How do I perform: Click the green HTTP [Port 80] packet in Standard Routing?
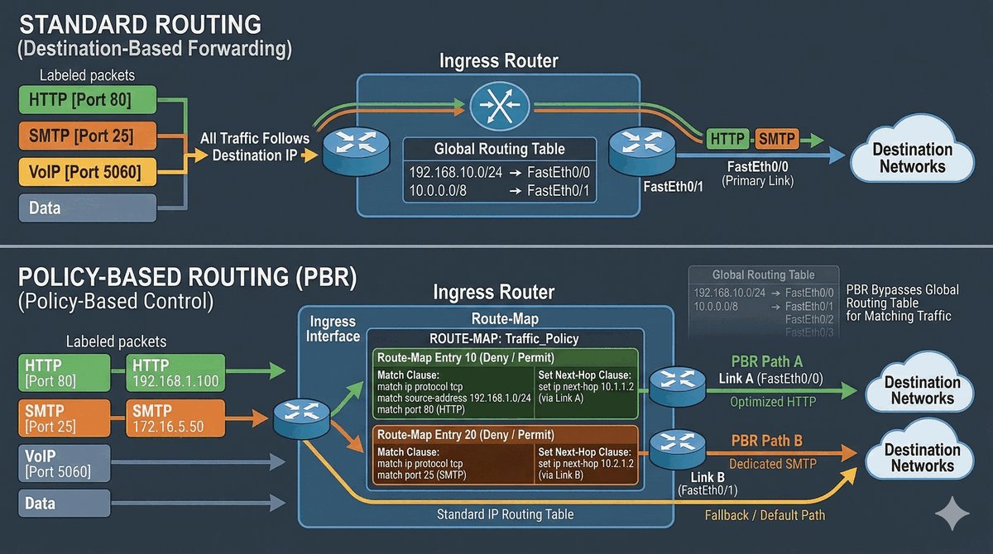click(86, 101)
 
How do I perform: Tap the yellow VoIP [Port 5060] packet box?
click(86, 172)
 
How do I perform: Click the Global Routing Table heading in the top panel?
click(500, 150)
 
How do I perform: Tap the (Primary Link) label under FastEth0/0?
click(757, 180)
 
